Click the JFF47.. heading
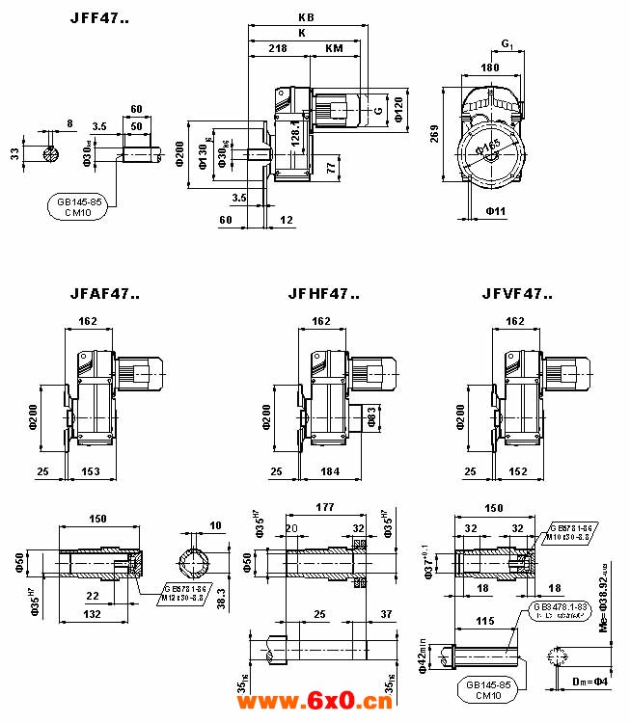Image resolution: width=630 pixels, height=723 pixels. (100, 19)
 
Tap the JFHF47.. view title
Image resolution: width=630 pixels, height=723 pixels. (323, 294)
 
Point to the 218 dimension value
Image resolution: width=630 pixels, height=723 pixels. (278, 46)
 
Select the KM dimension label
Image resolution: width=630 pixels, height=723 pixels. (334, 46)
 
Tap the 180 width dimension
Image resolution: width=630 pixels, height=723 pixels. (490, 67)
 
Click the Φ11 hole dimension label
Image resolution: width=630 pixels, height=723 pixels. (496, 209)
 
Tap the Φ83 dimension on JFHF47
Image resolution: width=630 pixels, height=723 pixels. (370, 416)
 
